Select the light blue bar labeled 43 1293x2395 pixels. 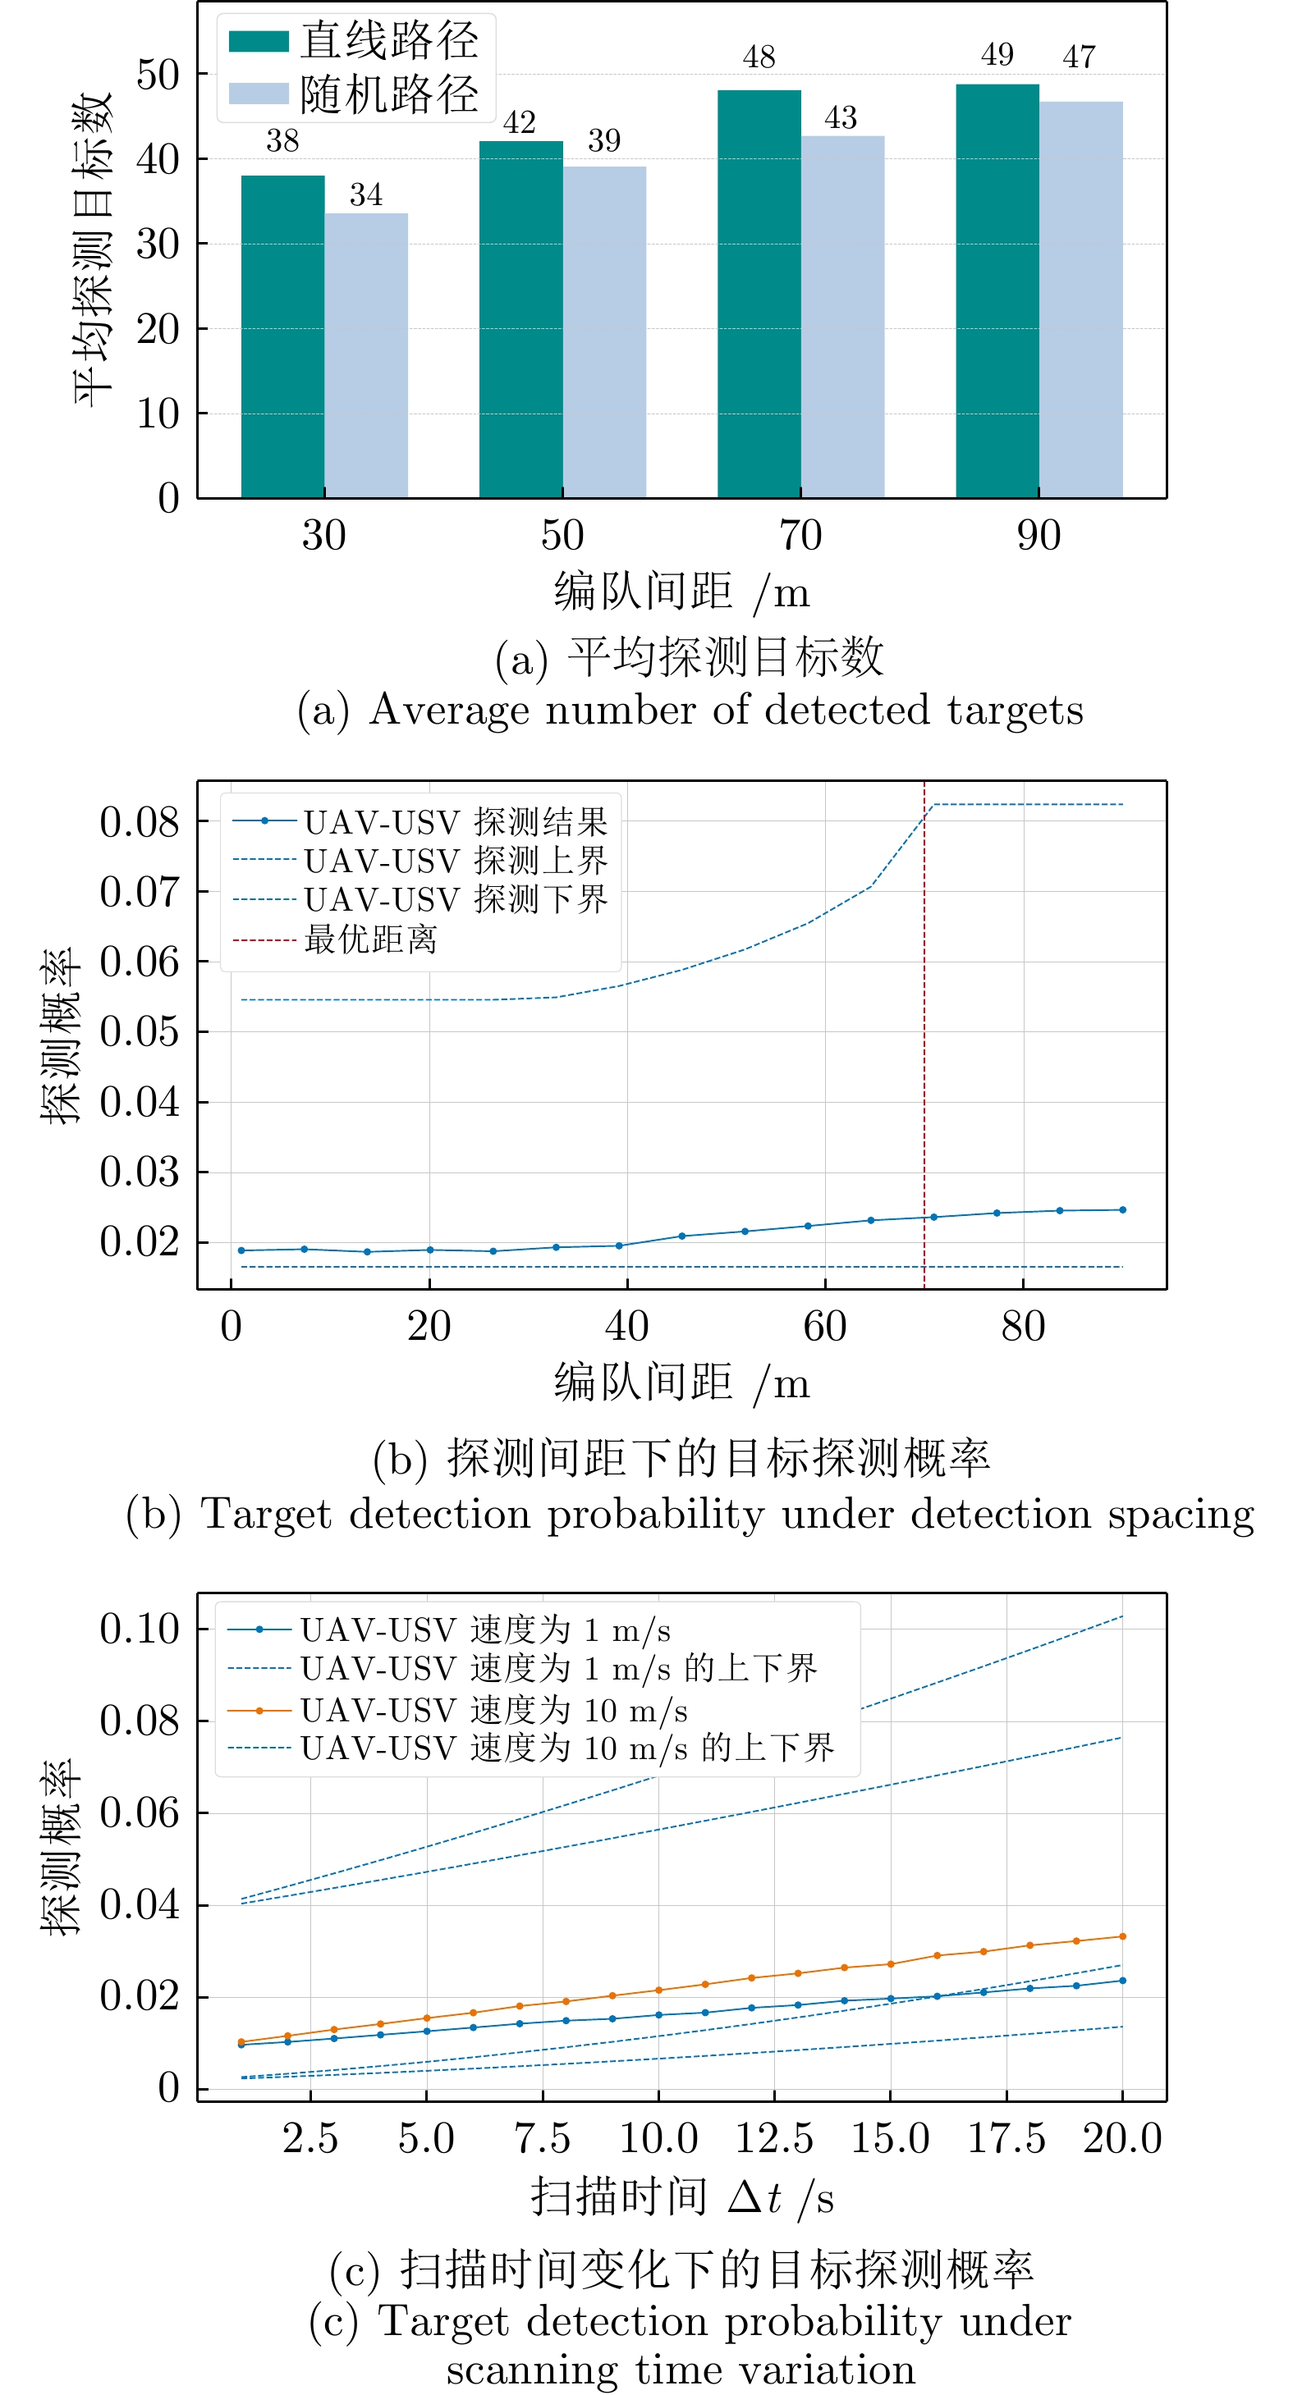(x=841, y=316)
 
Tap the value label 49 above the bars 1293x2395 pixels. (x=997, y=55)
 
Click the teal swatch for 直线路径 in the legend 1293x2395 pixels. (x=259, y=42)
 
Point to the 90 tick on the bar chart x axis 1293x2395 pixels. (x=1039, y=536)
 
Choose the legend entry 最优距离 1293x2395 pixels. (x=370, y=939)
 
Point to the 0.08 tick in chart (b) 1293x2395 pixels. (x=140, y=822)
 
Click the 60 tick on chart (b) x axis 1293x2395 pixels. (x=825, y=1327)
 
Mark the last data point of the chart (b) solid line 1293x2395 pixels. (x=1122, y=1209)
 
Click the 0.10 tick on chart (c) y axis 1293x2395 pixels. (x=140, y=1629)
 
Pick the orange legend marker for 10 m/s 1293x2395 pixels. (x=259, y=1710)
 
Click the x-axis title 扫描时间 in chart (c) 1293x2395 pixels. (x=620, y=2197)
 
